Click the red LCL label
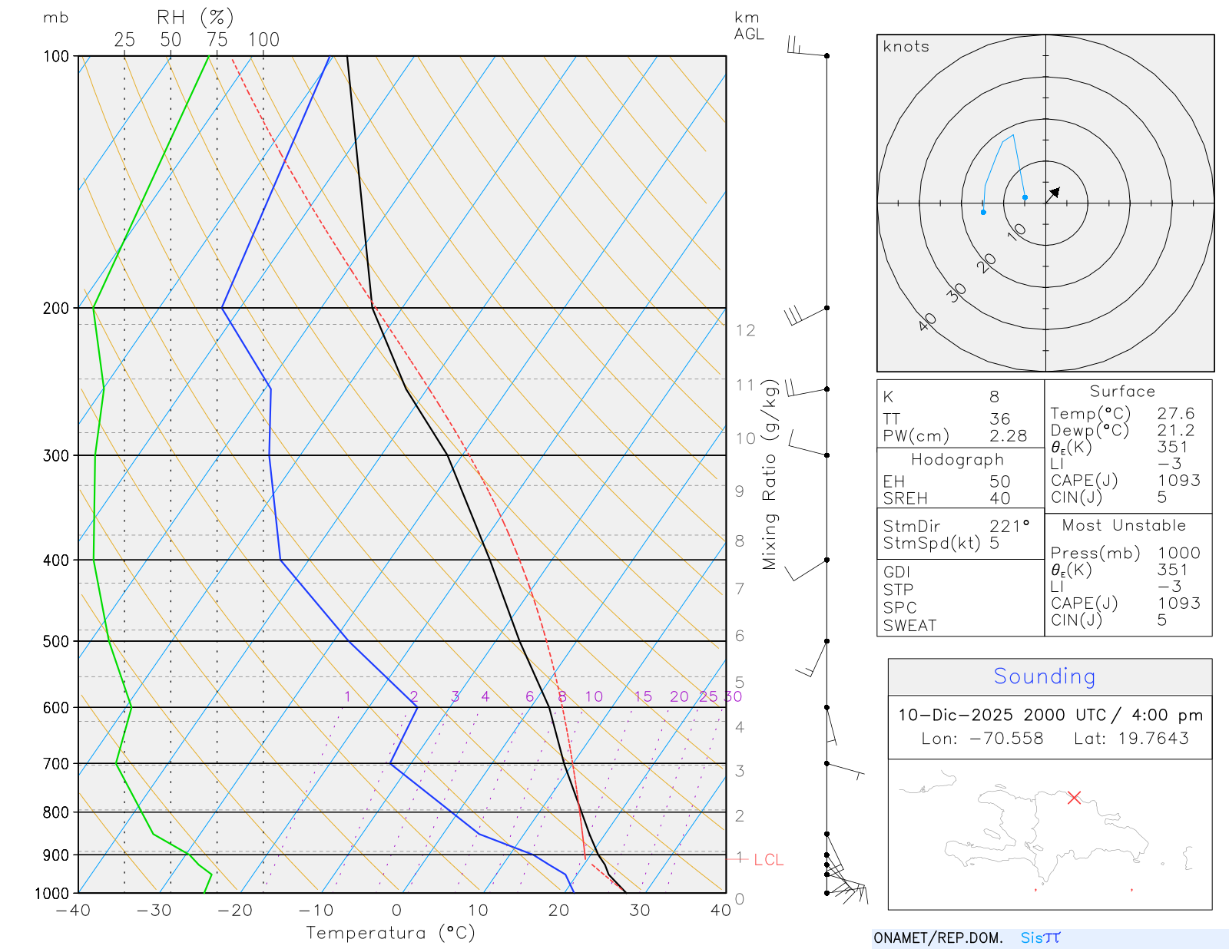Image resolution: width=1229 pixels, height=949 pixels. coord(768,860)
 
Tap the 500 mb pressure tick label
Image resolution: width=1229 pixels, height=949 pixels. coord(56,641)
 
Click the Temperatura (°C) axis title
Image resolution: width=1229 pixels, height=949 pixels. coord(390,933)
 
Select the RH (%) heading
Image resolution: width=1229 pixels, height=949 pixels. coord(194,18)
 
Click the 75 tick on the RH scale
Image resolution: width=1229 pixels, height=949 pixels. coord(217,40)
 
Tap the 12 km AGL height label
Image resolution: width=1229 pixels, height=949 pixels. coord(745,330)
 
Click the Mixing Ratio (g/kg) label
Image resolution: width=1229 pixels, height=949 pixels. coord(770,474)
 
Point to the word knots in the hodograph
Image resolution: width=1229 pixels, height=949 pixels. coord(906,47)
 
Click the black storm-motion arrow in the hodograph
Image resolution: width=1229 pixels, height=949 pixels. coord(1054,193)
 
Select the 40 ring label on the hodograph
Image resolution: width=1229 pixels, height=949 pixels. coord(927,322)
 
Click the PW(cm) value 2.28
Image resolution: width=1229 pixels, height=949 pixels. coord(1008,436)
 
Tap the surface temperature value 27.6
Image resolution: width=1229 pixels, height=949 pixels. coord(1175,414)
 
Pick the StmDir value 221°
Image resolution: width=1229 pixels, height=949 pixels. coord(1009,527)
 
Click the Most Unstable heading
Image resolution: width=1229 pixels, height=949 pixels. coord(1124,526)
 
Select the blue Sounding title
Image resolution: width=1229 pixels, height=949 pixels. coord(1044,676)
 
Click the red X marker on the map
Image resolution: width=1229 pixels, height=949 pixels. coord(1074,798)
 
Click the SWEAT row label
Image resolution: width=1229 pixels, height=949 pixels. coord(909,626)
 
